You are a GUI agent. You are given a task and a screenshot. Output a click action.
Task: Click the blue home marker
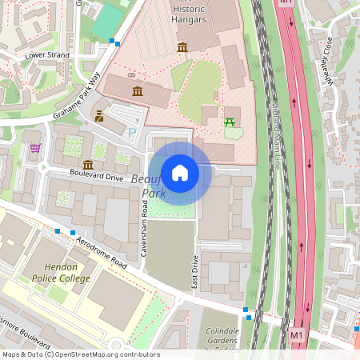pos(180,172)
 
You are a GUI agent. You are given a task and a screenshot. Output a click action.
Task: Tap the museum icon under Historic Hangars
pos(182,48)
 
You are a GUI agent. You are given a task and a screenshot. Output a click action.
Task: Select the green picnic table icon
pos(230,121)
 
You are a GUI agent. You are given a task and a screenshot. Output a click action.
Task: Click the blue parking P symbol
pos(132,132)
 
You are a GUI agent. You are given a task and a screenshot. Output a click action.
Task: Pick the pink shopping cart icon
pos(34,148)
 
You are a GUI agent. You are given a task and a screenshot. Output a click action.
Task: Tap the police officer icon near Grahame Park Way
pos(99,116)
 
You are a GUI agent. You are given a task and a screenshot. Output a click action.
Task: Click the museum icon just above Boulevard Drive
pos(86,164)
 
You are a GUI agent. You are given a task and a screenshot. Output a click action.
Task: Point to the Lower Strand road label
pos(47,55)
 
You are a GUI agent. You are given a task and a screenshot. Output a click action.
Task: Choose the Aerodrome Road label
pos(99,251)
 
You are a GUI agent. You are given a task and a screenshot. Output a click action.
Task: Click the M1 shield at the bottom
pos(297,334)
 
